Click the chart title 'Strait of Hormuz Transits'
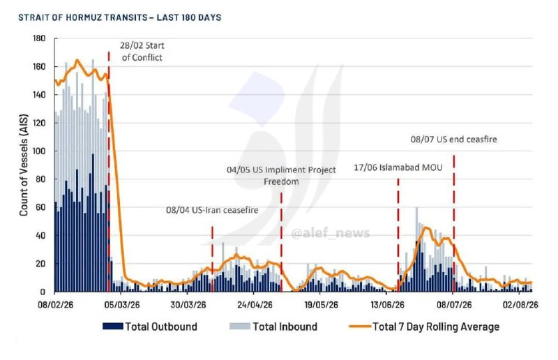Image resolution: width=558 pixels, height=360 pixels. point(82,17)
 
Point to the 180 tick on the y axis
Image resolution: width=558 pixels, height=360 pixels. point(39,38)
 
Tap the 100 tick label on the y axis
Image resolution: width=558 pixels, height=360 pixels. point(39,151)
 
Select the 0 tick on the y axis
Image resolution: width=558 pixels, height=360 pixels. point(43,292)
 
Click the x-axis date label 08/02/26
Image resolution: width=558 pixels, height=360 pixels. point(56,305)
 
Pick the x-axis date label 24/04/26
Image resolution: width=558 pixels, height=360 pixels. point(255,305)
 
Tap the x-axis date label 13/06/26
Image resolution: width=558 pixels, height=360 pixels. point(388,305)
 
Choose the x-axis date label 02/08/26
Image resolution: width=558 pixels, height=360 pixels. point(520,305)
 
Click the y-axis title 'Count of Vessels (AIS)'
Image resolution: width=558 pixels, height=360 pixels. point(24,165)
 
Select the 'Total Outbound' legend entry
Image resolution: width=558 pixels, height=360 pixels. point(150,327)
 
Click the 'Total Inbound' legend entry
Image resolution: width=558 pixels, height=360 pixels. point(273,327)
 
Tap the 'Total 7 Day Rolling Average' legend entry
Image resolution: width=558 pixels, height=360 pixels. point(424,327)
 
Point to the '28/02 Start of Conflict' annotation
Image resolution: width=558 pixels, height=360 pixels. point(142,52)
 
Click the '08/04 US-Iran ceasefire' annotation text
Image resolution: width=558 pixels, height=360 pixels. point(212,210)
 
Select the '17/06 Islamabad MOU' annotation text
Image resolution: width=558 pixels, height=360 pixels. point(398,167)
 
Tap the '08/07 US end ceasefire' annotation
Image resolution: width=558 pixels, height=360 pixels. point(454,140)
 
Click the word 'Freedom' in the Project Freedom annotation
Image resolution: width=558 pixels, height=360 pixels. point(281,181)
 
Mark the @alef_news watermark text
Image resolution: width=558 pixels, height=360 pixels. point(331,234)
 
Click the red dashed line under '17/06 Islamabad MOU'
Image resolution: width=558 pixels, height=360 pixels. point(398,235)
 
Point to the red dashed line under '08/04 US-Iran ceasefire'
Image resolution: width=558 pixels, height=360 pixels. point(213,259)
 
